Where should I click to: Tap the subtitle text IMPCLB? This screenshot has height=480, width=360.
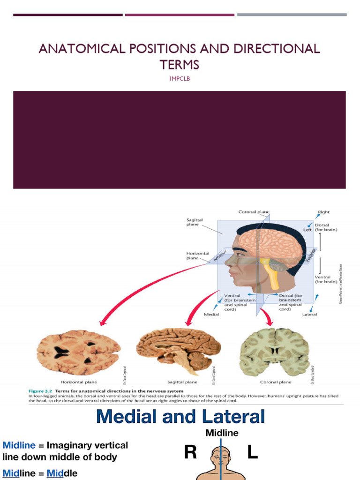180,78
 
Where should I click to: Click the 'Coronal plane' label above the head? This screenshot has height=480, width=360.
254,212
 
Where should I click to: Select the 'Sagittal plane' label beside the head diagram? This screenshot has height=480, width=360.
194,221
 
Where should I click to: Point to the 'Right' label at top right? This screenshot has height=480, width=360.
324,212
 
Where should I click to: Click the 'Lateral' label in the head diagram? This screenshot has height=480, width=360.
309,314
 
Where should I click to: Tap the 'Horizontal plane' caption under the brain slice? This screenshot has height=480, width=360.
79,382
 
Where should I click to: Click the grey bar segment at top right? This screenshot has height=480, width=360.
292,15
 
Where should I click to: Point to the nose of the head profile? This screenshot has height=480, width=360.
227,261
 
